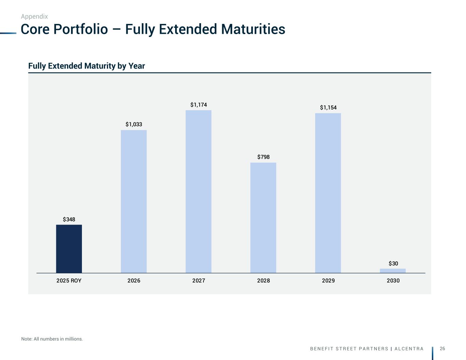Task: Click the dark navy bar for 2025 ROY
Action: pyautogui.click(x=69, y=249)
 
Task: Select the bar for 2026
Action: pyautogui.click(x=134, y=201)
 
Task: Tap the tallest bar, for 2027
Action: pyautogui.click(x=198, y=191)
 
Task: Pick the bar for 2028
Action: pyautogui.click(x=263, y=218)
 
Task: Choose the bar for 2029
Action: pyautogui.click(x=328, y=193)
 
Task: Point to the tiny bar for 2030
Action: pyautogui.click(x=393, y=271)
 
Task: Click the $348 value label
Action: pyautogui.click(x=69, y=219)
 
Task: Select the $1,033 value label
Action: pyautogui.click(x=134, y=125)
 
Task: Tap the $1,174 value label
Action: pyautogui.click(x=198, y=105)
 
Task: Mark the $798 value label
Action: pyautogui.click(x=263, y=157)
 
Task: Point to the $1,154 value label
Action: pyautogui.click(x=328, y=108)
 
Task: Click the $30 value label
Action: pyautogui.click(x=393, y=264)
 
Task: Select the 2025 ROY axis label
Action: pyautogui.click(x=69, y=281)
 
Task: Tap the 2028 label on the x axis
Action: pyautogui.click(x=263, y=281)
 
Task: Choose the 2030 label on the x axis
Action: pyautogui.click(x=393, y=281)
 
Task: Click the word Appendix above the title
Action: pyautogui.click(x=34, y=16)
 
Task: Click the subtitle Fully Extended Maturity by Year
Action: pyautogui.click(x=86, y=66)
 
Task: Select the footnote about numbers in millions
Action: pyautogui.click(x=52, y=339)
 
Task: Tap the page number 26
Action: pyautogui.click(x=442, y=348)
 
